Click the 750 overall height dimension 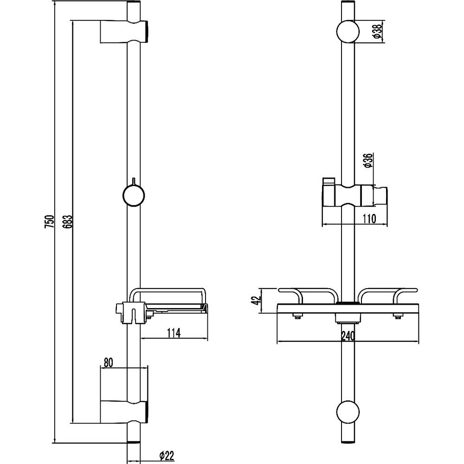[x=50, y=221]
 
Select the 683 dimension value [x=67, y=221]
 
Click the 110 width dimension [x=369, y=219]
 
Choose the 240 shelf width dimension [x=348, y=336]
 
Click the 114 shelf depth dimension [x=174, y=333]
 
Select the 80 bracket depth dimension [x=108, y=362]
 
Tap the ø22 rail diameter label [x=166, y=456]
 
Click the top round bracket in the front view [x=348, y=32]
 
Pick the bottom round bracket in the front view [x=348, y=412]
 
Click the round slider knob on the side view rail [x=134, y=195]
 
